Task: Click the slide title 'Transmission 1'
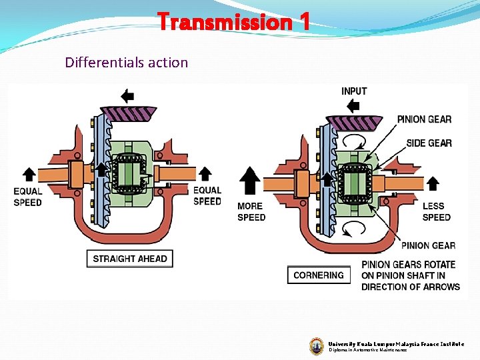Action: pyautogui.click(x=234, y=23)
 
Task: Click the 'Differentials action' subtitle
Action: pyautogui.click(x=127, y=63)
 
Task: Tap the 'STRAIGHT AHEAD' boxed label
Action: pyautogui.click(x=130, y=259)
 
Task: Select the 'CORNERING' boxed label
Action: pyautogui.click(x=319, y=275)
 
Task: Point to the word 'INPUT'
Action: pyautogui.click(x=354, y=91)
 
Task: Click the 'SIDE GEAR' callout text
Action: pyautogui.click(x=429, y=143)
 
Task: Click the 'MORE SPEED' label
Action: pyautogui.click(x=251, y=212)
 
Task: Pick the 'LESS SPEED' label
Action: pyautogui.click(x=437, y=212)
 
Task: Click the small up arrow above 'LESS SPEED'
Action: pyautogui.click(x=433, y=183)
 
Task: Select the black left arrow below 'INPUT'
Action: pyautogui.click(x=354, y=105)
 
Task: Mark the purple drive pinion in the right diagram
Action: pyautogui.click(x=353, y=123)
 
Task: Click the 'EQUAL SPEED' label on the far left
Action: pyautogui.click(x=28, y=197)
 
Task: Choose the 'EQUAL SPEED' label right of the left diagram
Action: pyautogui.click(x=207, y=196)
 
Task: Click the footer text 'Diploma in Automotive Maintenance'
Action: pyautogui.click(x=367, y=349)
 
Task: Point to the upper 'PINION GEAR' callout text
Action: pyautogui.click(x=424, y=119)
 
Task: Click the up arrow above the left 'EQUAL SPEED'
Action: pyautogui.click(x=29, y=175)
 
